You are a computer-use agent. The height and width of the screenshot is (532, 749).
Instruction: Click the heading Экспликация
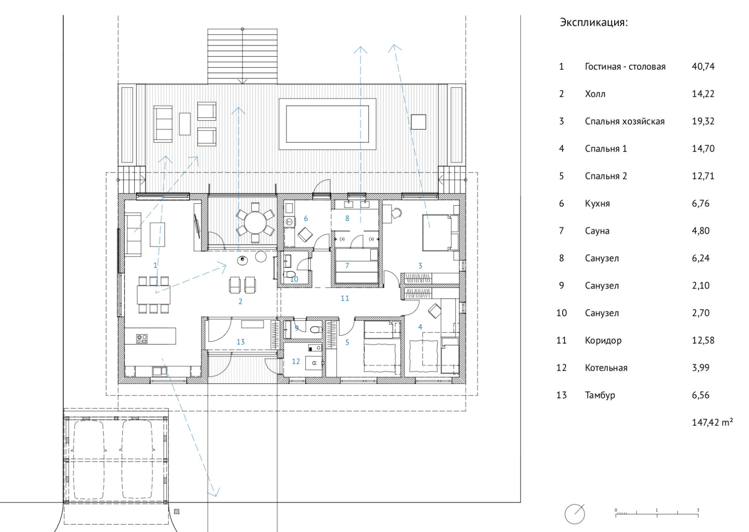pos(594,23)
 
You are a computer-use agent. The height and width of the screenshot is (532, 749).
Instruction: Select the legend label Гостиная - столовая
pos(625,66)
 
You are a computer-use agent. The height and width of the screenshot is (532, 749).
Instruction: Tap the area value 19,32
pos(703,121)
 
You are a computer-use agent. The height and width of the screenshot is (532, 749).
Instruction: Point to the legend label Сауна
pos(597,231)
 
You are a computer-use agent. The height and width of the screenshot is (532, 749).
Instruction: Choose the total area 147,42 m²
pos(712,422)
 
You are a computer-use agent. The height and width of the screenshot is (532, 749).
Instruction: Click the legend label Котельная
pos(606,368)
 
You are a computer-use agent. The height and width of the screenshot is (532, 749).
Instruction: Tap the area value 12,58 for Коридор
pos(703,340)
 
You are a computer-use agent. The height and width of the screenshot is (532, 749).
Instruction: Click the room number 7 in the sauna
pos(347,266)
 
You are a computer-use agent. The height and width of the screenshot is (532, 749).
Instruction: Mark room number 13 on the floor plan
pos(241,342)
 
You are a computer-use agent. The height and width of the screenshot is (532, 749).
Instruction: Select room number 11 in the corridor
pos(345,298)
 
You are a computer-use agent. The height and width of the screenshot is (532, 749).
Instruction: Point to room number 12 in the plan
pos(295,361)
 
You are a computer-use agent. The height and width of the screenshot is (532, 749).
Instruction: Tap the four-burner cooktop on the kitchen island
pos(142,339)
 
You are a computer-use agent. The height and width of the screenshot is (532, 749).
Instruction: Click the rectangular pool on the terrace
pos(327,124)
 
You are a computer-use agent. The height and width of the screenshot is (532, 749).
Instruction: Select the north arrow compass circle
pos(574,514)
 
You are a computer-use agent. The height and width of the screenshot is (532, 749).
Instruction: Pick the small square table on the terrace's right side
pos(419,122)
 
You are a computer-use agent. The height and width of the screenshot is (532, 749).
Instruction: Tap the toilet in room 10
pos(287,274)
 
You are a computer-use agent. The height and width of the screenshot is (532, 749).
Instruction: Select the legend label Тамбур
pos(600,395)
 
